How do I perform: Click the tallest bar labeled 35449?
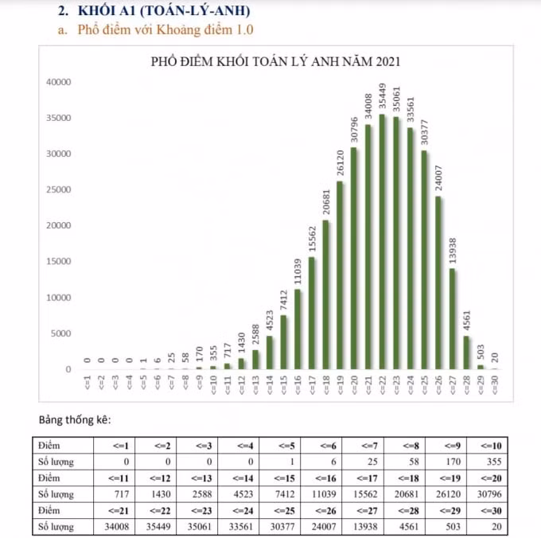click(x=382, y=242)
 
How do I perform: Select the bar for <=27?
click(x=452, y=319)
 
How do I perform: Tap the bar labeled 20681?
click(x=325, y=294)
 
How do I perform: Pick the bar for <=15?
click(x=283, y=342)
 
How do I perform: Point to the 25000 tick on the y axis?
click(x=59, y=189)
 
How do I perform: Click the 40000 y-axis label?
click(x=59, y=82)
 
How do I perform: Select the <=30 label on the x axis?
click(x=494, y=384)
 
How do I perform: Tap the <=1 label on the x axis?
click(x=88, y=383)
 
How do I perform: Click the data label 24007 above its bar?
click(x=438, y=178)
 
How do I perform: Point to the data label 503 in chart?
click(x=481, y=352)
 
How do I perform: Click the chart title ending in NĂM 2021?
click(x=275, y=61)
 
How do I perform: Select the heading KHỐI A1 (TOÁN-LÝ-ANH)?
click(x=164, y=10)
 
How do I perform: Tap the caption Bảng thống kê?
click(x=75, y=419)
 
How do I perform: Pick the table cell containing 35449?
click(x=156, y=526)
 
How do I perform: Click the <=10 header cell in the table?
click(x=487, y=446)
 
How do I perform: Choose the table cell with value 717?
click(x=115, y=493)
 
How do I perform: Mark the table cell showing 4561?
click(x=404, y=526)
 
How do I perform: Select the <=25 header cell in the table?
click(x=280, y=510)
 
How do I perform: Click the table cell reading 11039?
click(x=321, y=493)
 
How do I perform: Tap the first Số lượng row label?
click(x=56, y=462)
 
